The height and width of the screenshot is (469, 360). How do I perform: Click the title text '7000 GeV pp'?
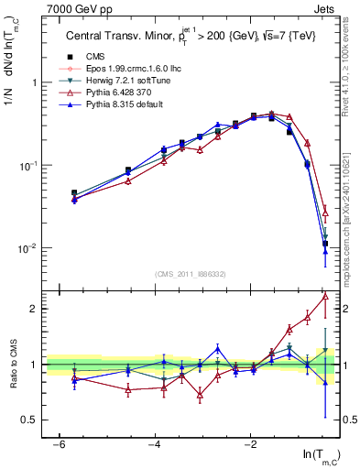(x=74, y=10)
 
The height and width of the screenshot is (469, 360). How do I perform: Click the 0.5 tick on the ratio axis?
(x=33, y=420)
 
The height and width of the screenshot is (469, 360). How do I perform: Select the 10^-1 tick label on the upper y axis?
(x=30, y=166)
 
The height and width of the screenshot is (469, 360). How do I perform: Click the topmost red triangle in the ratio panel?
(x=325, y=296)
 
